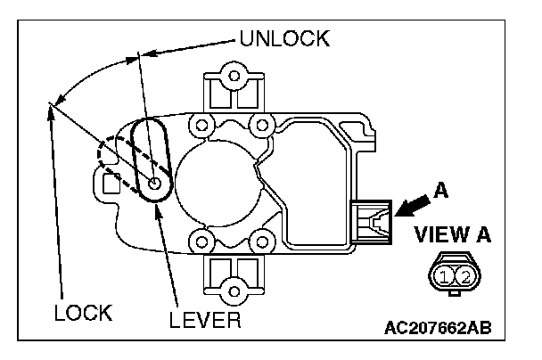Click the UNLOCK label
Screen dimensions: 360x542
click(284, 39)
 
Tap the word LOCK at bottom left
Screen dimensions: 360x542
click(82, 313)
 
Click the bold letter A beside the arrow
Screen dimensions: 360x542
click(439, 189)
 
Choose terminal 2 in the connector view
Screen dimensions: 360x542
click(464, 275)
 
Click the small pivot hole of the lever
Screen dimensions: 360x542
click(156, 185)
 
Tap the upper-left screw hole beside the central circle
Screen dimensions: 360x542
click(201, 122)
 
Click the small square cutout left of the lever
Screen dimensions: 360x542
click(111, 184)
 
